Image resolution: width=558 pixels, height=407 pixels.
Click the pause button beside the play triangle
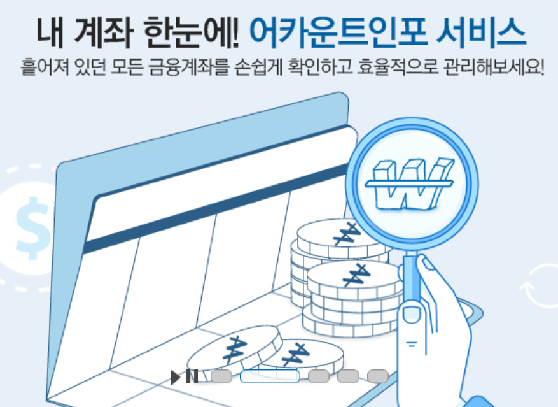pyautogui.click(x=192, y=377)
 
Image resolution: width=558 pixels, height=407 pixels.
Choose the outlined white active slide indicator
pyautogui.click(x=269, y=376)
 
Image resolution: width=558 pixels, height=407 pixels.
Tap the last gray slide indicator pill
pyautogui.click(x=378, y=376)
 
